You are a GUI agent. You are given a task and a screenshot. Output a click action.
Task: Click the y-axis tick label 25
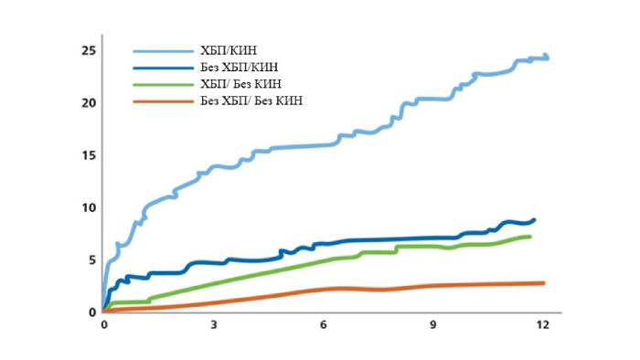[88, 50]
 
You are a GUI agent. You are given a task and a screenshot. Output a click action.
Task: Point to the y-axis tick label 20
[88, 102]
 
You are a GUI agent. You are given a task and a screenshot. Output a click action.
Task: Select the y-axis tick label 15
[88, 155]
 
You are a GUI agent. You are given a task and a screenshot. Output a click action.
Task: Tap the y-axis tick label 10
[88, 207]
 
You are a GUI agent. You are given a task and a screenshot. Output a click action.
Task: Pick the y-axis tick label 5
[91, 260]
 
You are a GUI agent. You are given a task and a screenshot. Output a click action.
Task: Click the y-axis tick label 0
[91, 312]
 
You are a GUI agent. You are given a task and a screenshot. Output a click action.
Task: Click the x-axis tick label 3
[213, 325]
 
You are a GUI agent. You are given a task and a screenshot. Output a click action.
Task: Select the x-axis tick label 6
[324, 325]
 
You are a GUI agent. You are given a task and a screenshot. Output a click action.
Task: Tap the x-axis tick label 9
[433, 325]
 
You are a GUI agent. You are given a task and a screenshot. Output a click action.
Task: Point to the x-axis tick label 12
[543, 325]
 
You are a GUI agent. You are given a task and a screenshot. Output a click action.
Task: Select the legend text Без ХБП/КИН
[239, 67]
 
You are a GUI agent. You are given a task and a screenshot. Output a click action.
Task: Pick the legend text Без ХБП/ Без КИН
[251, 100]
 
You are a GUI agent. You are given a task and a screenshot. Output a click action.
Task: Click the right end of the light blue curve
[547, 58]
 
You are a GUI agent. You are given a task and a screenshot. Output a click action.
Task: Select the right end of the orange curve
[543, 283]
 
